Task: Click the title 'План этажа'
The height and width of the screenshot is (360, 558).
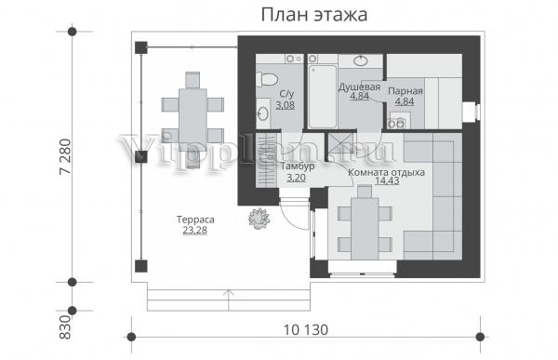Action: pos(314,15)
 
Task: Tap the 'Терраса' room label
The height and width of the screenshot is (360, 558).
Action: pos(195,220)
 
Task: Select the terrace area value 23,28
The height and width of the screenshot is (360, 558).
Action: pos(195,231)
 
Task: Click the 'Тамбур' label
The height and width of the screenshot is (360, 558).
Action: pos(298,167)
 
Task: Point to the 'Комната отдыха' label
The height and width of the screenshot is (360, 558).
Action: pos(386,172)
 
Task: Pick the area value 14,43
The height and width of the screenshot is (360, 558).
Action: pos(387,180)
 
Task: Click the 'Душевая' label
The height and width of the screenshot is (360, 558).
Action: pos(359,87)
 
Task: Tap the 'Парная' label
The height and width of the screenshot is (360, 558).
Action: pos(405,91)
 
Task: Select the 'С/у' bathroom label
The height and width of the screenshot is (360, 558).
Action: pos(286,94)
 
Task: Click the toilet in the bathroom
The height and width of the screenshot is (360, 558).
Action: pos(267,79)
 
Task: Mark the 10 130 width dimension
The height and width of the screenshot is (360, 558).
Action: pos(306,329)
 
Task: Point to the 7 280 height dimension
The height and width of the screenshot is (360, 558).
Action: pos(66,156)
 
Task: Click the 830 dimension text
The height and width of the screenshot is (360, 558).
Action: pos(66,327)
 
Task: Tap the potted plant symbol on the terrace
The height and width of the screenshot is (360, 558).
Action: pos(259,219)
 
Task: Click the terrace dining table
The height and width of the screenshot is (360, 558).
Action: pos(193,120)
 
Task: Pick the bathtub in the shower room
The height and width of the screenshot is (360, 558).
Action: pos(323,96)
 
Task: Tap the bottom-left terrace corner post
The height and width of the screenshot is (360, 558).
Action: pos(141,266)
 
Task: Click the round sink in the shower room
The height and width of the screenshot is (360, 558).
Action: pos(361,60)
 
